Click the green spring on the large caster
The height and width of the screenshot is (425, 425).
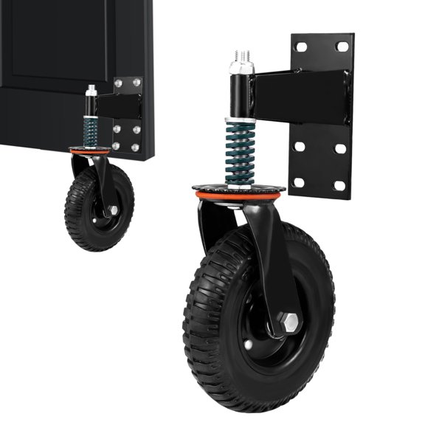point(239,151)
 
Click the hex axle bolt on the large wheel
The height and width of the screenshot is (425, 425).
point(290,322)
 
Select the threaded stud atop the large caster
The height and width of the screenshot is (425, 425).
point(241,58)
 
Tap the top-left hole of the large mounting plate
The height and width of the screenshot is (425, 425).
point(301,47)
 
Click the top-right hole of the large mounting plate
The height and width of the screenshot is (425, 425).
point(342,46)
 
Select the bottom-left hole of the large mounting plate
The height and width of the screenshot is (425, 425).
point(300,182)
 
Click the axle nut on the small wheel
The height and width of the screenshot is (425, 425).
point(112,210)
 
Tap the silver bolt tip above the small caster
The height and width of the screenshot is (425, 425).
point(91,90)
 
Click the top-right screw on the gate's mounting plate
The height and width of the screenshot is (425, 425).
point(135,83)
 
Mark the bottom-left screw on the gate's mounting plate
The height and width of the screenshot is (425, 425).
point(117,147)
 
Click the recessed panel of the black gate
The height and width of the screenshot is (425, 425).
point(44,44)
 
